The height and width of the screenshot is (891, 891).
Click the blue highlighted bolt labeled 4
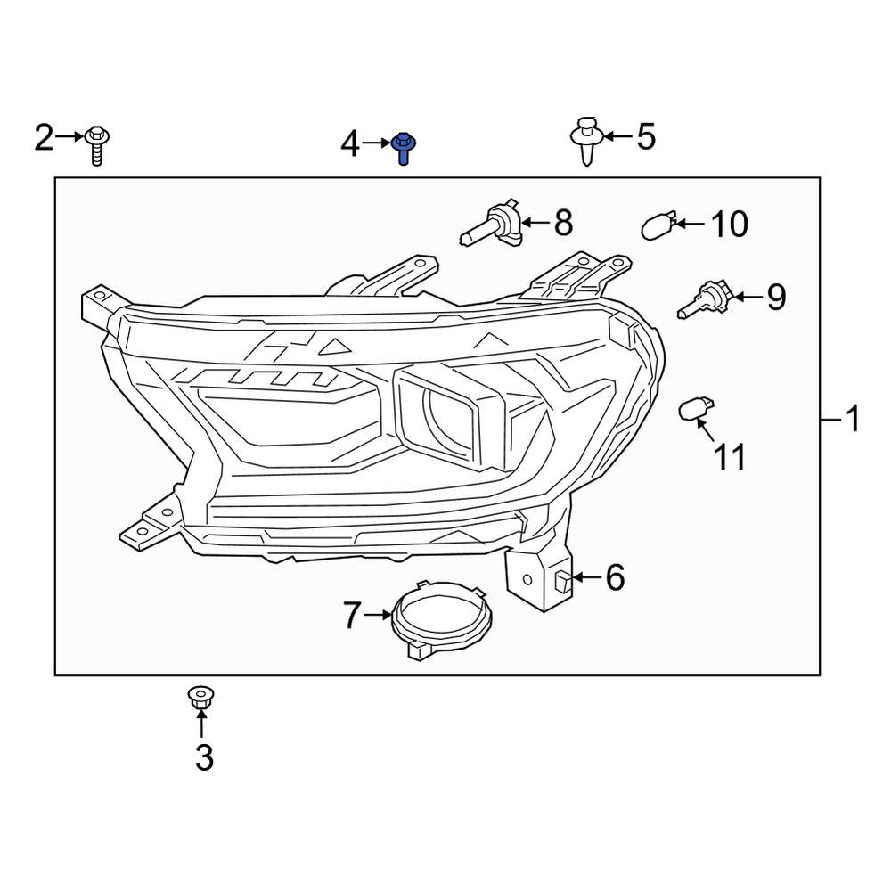(x=403, y=147)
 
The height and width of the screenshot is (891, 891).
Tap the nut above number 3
(x=200, y=698)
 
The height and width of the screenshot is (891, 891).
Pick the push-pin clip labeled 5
(x=584, y=139)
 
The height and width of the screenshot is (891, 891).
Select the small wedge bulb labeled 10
(x=658, y=226)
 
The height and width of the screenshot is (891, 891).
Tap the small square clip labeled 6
(x=562, y=580)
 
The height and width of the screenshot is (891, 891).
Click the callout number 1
(x=853, y=418)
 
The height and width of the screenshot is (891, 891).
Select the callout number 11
(x=730, y=457)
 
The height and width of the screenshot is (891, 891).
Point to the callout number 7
(x=353, y=615)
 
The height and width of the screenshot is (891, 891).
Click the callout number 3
(x=204, y=758)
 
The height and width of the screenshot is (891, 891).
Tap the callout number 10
(x=728, y=225)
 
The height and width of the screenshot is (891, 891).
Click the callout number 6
(x=616, y=578)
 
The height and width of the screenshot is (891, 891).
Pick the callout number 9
(x=776, y=297)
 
